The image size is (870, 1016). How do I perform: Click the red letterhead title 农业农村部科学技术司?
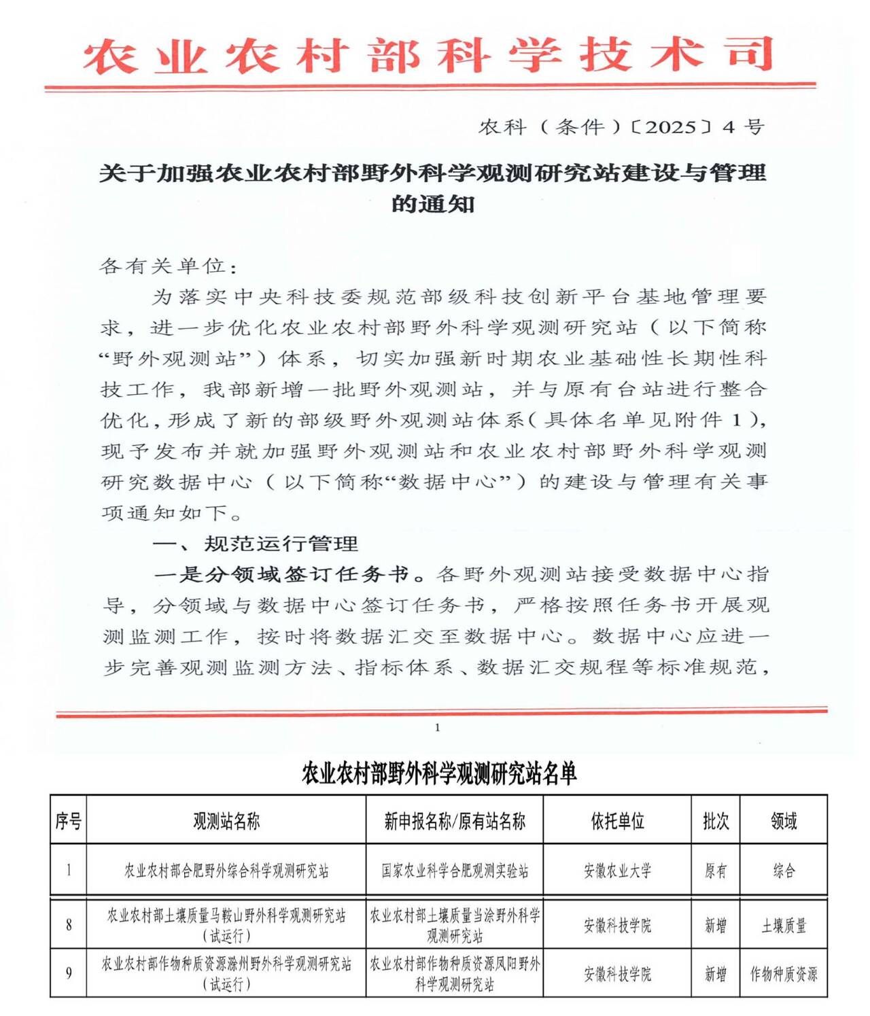[429, 54]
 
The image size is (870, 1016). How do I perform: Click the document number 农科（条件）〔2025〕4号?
[622, 127]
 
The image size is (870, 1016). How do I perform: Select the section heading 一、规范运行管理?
[256, 544]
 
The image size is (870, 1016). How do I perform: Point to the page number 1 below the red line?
[437, 727]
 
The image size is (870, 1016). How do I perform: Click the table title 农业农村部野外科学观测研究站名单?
[439, 773]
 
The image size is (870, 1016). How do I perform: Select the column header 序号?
[68, 821]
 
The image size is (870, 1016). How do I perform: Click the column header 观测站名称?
[226, 821]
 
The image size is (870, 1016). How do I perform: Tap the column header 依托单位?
[617, 821]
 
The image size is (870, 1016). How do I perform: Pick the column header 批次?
[716, 821]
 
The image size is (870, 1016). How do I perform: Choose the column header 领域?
[784, 821]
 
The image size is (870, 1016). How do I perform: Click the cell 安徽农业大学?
[617, 871]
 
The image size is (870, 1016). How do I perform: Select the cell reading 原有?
[716, 871]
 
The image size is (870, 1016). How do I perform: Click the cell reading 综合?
[784, 871]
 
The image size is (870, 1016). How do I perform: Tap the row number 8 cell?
[68, 925]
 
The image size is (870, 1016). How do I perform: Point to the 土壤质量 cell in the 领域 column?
[784, 925]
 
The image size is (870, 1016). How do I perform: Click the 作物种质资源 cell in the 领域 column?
[784, 974]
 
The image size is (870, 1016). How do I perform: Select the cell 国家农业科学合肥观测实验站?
[455, 871]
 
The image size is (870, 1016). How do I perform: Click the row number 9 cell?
[68, 974]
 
